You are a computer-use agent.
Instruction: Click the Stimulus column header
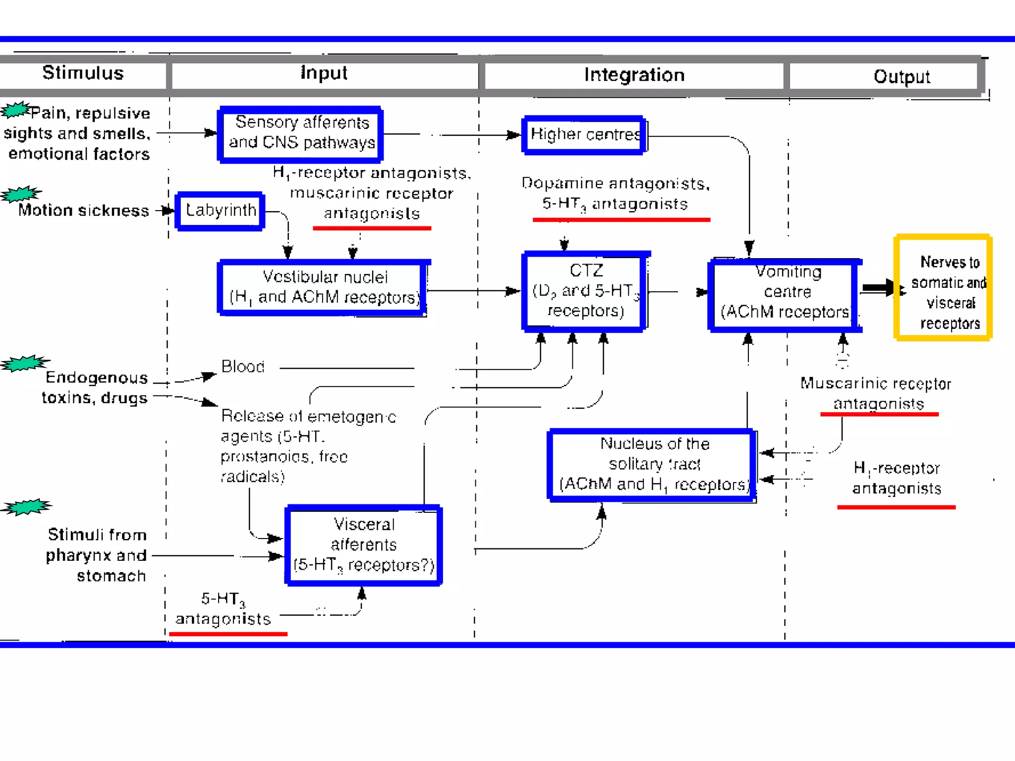[83, 73]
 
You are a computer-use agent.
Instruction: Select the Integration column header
[634, 75]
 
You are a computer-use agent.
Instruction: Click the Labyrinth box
[221, 211]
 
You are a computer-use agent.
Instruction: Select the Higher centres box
[584, 135]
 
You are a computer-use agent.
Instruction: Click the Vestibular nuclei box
[323, 288]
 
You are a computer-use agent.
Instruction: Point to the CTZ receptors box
[585, 291]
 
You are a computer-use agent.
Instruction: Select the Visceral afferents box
[363, 545]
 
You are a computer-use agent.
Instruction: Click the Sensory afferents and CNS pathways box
[301, 134]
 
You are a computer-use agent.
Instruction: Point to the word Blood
[242, 367]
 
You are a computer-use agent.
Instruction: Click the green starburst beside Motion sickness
[21, 194]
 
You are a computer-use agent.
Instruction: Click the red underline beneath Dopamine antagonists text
[621, 219]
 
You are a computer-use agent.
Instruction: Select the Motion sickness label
[83, 211]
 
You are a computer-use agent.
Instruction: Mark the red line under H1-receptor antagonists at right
[896, 507]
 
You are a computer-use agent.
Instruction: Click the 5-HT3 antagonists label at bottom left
[223, 609]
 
